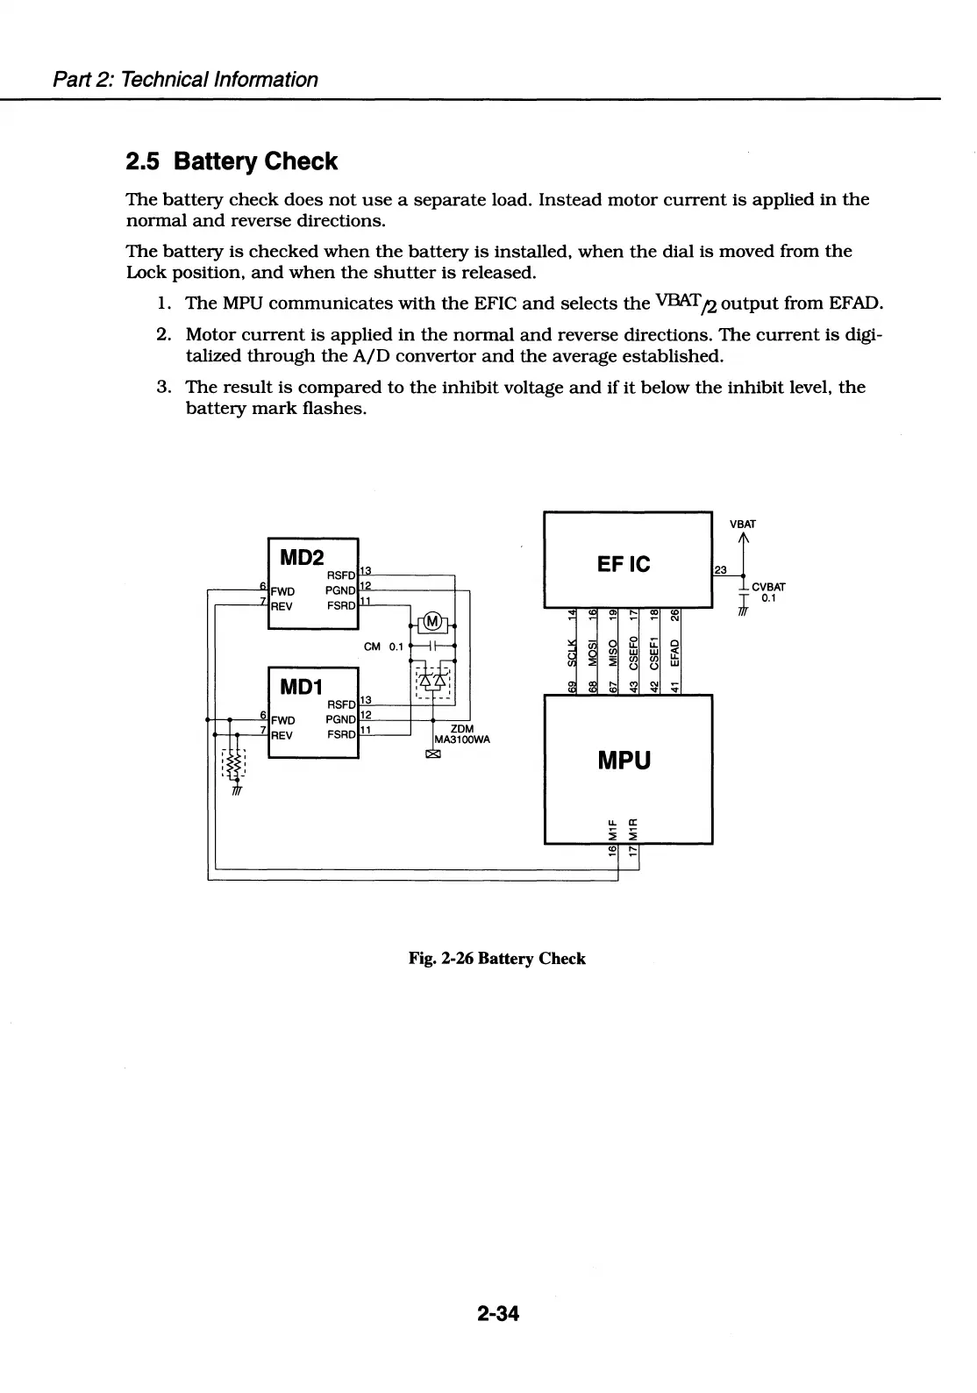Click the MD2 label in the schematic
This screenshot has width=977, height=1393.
pyautogui.click(x=302, y=557)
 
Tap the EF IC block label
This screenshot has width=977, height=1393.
pyautogui.click(x=624, y=564)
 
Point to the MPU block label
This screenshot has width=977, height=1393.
pyautogui.click(x=624, y=760)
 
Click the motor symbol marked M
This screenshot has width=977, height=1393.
pyautogui.click(x=432, y=623)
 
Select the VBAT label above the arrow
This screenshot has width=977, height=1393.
pyautogui.click(x=742, y=525)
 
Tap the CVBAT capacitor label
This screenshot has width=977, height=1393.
pyautogui.click(x=768, y=587)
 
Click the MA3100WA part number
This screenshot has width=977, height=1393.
pyautogui.click(x=462, y=739)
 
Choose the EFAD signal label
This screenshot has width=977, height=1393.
pyautogui.click(x=674, y=654)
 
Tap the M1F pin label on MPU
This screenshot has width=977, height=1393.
pyautogui.click(x=613, y=826)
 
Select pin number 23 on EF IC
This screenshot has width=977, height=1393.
pyautogui.click(x=721, y=570)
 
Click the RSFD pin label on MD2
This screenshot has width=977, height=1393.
pyautogui.click(x=340, y=575)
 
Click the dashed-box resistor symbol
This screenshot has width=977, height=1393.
pyautogui.click(x=233, y=766)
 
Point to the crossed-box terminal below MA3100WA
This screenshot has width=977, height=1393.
pyautogui.click(x=431, y=754)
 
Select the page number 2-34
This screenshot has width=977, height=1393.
pyautogui.click(x=498, y=1313)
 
